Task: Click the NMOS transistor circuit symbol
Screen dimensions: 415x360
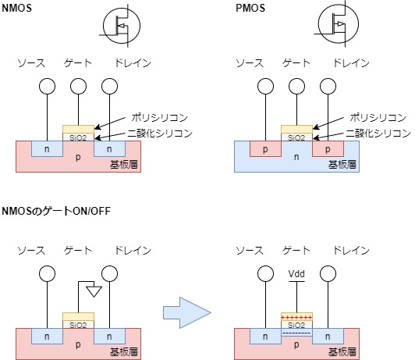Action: pyautogui.click(x=122, y=26)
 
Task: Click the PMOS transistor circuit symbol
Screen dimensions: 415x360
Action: pyautogui.click(x=338, y=24)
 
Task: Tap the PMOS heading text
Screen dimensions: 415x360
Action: pyautogui.click(x=250, y=8)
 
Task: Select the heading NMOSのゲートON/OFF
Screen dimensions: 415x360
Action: pyautogui.click(x=56, y=211)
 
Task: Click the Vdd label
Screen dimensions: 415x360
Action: pyautogui.click(x=296, y=273)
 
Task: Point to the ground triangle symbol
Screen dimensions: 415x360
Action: pyautogui.click(x=94, y=291)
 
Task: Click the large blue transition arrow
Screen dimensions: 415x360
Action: pyautogui.click(x=187, y=312)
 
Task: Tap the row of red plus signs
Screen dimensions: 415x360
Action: pyautogui.click(x=296, y=317)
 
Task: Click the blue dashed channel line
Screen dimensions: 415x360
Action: pyautogui.click(x=296, y=333)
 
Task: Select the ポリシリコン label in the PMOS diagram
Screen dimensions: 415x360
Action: pyautogui.click(x=378, y=117)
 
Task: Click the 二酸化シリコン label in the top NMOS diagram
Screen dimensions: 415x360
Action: pyautogui.click(x=160, y=133)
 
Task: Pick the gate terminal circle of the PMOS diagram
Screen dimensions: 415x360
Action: pyautogui.click(x=296, y=87)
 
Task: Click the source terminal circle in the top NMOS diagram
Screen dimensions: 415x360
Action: pyautogui.click(x=47, y=87)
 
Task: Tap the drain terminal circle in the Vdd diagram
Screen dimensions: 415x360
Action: pyautogui.click(x=328, y=273)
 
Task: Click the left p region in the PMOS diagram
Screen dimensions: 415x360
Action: pyautogui.click(x=265, y=148)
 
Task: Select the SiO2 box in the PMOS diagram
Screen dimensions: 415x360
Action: pyautogui.click(x=296, y=137)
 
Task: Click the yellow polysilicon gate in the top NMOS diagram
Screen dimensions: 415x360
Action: pyautogui.click(x=78, y=130)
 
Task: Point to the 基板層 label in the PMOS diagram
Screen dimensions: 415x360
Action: pyautogui.click(x=342, y=165)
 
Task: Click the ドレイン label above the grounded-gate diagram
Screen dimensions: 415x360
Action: pyautogui.click(x=133, y=251)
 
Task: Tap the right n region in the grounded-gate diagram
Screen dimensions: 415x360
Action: pyautogui.click(x=109, y=336)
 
